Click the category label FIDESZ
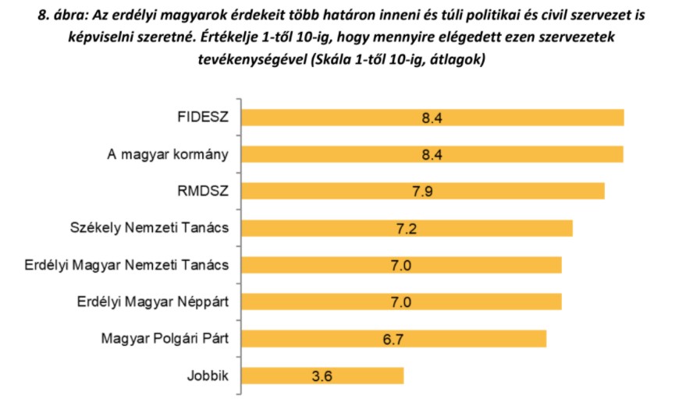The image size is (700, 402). (203, 118)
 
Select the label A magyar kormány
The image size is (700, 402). (168, 154)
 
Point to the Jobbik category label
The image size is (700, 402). (208, 376)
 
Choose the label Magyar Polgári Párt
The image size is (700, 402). (165, 338)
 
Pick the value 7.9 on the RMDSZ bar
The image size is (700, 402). (422, 191)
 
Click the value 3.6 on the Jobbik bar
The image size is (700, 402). (322, 376)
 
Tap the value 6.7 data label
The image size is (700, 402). (394, 338)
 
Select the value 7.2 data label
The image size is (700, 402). (406, 227)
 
